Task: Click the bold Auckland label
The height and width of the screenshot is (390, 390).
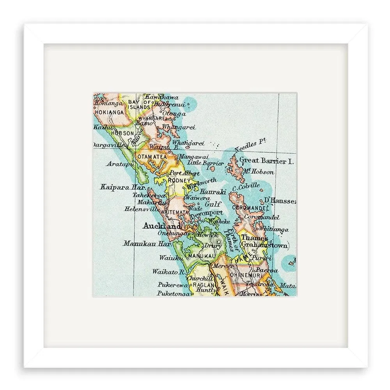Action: click(x=162, y=226)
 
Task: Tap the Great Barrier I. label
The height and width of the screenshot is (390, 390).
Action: click(x=266, y=160)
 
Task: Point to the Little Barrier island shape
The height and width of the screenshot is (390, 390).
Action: click(x=212, y=169)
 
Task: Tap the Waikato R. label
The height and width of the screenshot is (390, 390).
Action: click(x=168, y=271)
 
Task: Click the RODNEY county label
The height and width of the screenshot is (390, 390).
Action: click(x=178, y=180)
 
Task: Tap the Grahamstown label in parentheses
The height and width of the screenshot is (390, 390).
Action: click(x=265, y=245)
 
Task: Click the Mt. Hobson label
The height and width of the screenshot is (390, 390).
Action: click(x=258, y=172)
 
